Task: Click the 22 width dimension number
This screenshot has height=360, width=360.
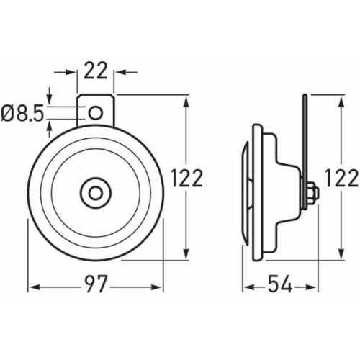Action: coord(96,71)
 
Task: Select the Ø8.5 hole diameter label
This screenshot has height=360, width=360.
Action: coord(21,112)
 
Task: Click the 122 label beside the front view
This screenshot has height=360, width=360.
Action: coord(189,178)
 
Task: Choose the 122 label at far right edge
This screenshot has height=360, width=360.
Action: coord(342,178)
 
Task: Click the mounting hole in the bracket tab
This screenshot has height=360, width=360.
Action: coord(96,112)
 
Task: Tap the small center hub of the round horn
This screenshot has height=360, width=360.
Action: coord(95,192)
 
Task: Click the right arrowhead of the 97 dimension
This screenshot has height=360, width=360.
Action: coord(159,286)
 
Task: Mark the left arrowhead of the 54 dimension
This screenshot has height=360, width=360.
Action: coord(247,286)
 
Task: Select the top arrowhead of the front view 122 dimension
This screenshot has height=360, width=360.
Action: coord(188,99)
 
